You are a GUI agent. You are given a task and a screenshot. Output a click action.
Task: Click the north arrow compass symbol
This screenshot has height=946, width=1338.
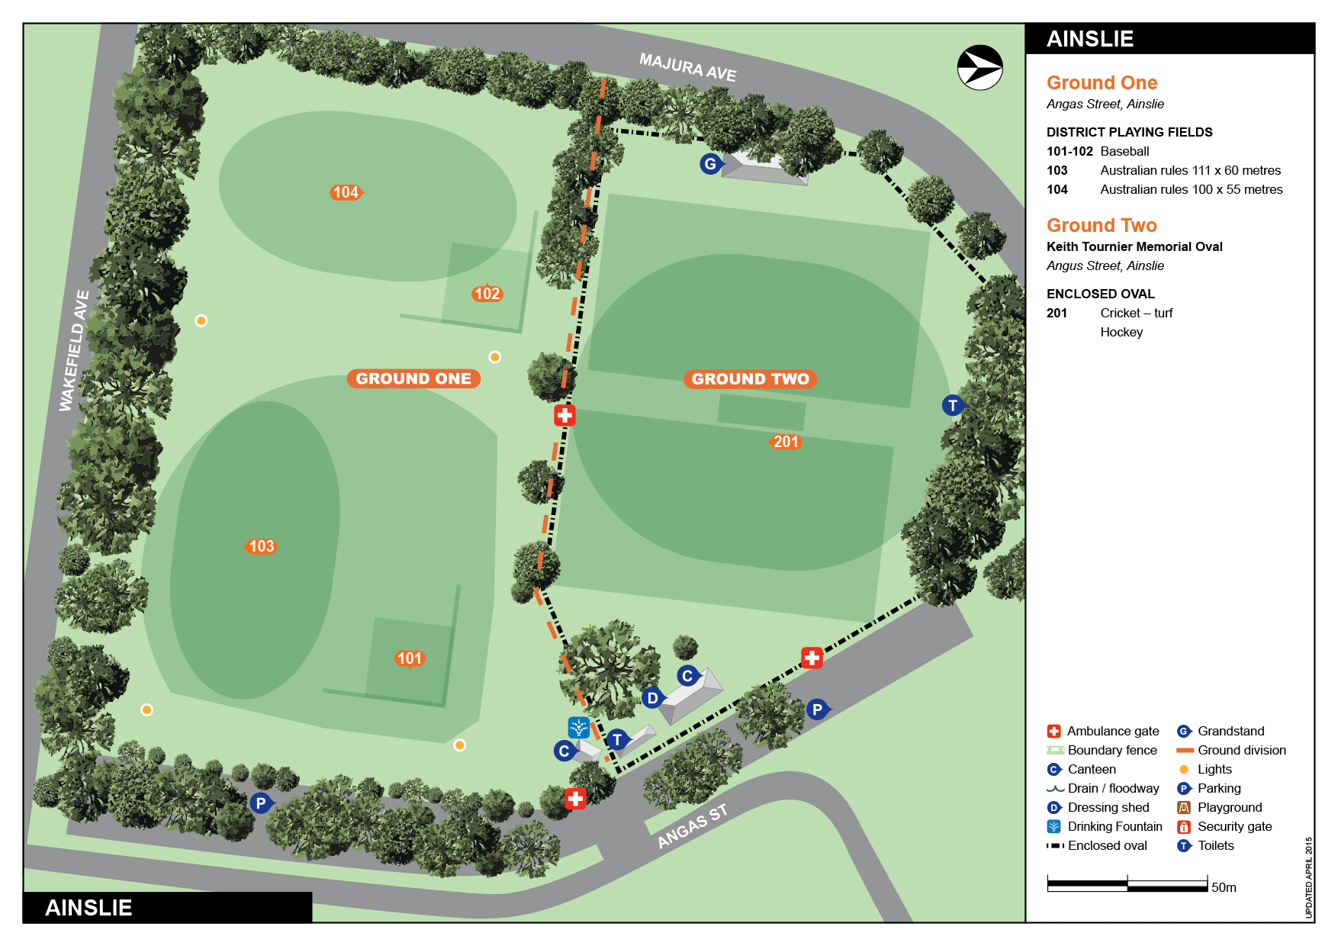(979, 68)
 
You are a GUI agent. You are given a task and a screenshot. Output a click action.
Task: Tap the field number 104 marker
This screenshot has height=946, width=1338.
(346, 192)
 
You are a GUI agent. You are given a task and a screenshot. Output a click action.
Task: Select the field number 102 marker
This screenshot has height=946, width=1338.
(487, 294)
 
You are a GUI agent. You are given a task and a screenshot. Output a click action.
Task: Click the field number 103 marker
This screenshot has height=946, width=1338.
(261, 546)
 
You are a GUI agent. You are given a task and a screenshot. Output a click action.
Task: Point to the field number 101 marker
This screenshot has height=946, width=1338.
(409, 658)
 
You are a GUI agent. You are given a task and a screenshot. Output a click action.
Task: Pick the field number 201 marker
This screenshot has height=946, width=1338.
(785, 442)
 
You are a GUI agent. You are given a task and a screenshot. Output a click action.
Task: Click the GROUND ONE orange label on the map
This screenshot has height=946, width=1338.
(413, 378)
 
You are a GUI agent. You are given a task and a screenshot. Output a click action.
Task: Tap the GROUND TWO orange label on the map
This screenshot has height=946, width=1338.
(750, 379)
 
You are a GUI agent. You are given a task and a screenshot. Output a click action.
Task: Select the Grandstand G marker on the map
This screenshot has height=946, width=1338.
(710, 163)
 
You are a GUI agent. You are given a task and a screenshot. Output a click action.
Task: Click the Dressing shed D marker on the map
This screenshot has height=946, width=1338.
(652, 698)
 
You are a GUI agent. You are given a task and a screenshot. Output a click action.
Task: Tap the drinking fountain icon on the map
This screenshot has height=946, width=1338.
(578, 727)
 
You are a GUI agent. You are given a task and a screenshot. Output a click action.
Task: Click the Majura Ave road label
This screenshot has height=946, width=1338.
(687, 67)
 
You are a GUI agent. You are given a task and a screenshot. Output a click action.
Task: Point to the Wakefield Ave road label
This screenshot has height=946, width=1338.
(74, 350)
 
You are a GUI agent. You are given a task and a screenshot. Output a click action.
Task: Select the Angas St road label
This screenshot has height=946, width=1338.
(692, 826)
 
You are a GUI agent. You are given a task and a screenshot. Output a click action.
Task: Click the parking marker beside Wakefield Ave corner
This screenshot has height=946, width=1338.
(260, 803)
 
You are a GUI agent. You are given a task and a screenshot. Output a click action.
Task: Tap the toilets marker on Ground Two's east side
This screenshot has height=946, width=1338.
(952, 406)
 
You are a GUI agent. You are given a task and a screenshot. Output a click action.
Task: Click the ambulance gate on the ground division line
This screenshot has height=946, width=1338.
(564, 415)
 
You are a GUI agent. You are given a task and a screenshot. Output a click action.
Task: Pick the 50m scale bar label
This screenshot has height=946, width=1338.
(1224, 887)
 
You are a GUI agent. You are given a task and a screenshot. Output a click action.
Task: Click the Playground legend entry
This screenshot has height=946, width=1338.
(1229, 807)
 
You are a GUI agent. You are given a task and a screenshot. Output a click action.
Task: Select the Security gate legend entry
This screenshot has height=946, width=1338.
(1233, 826)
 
